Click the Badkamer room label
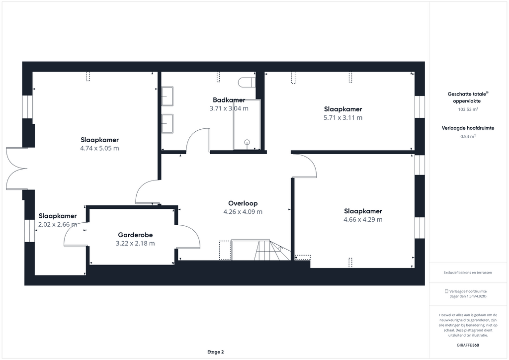229,100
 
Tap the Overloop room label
243,203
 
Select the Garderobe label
135,235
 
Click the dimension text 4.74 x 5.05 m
99,148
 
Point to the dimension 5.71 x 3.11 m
343,118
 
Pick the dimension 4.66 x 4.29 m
363,219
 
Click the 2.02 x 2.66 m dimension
58,224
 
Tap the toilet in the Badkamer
247,83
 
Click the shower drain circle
247,142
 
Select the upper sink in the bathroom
168,96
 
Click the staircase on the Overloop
260,250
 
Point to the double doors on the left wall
16,169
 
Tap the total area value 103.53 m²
468,109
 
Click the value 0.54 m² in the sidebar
468,137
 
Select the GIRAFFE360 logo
468,345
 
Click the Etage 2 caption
216,352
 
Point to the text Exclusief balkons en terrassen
467,272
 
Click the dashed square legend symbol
447,291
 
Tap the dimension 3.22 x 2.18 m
135,244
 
